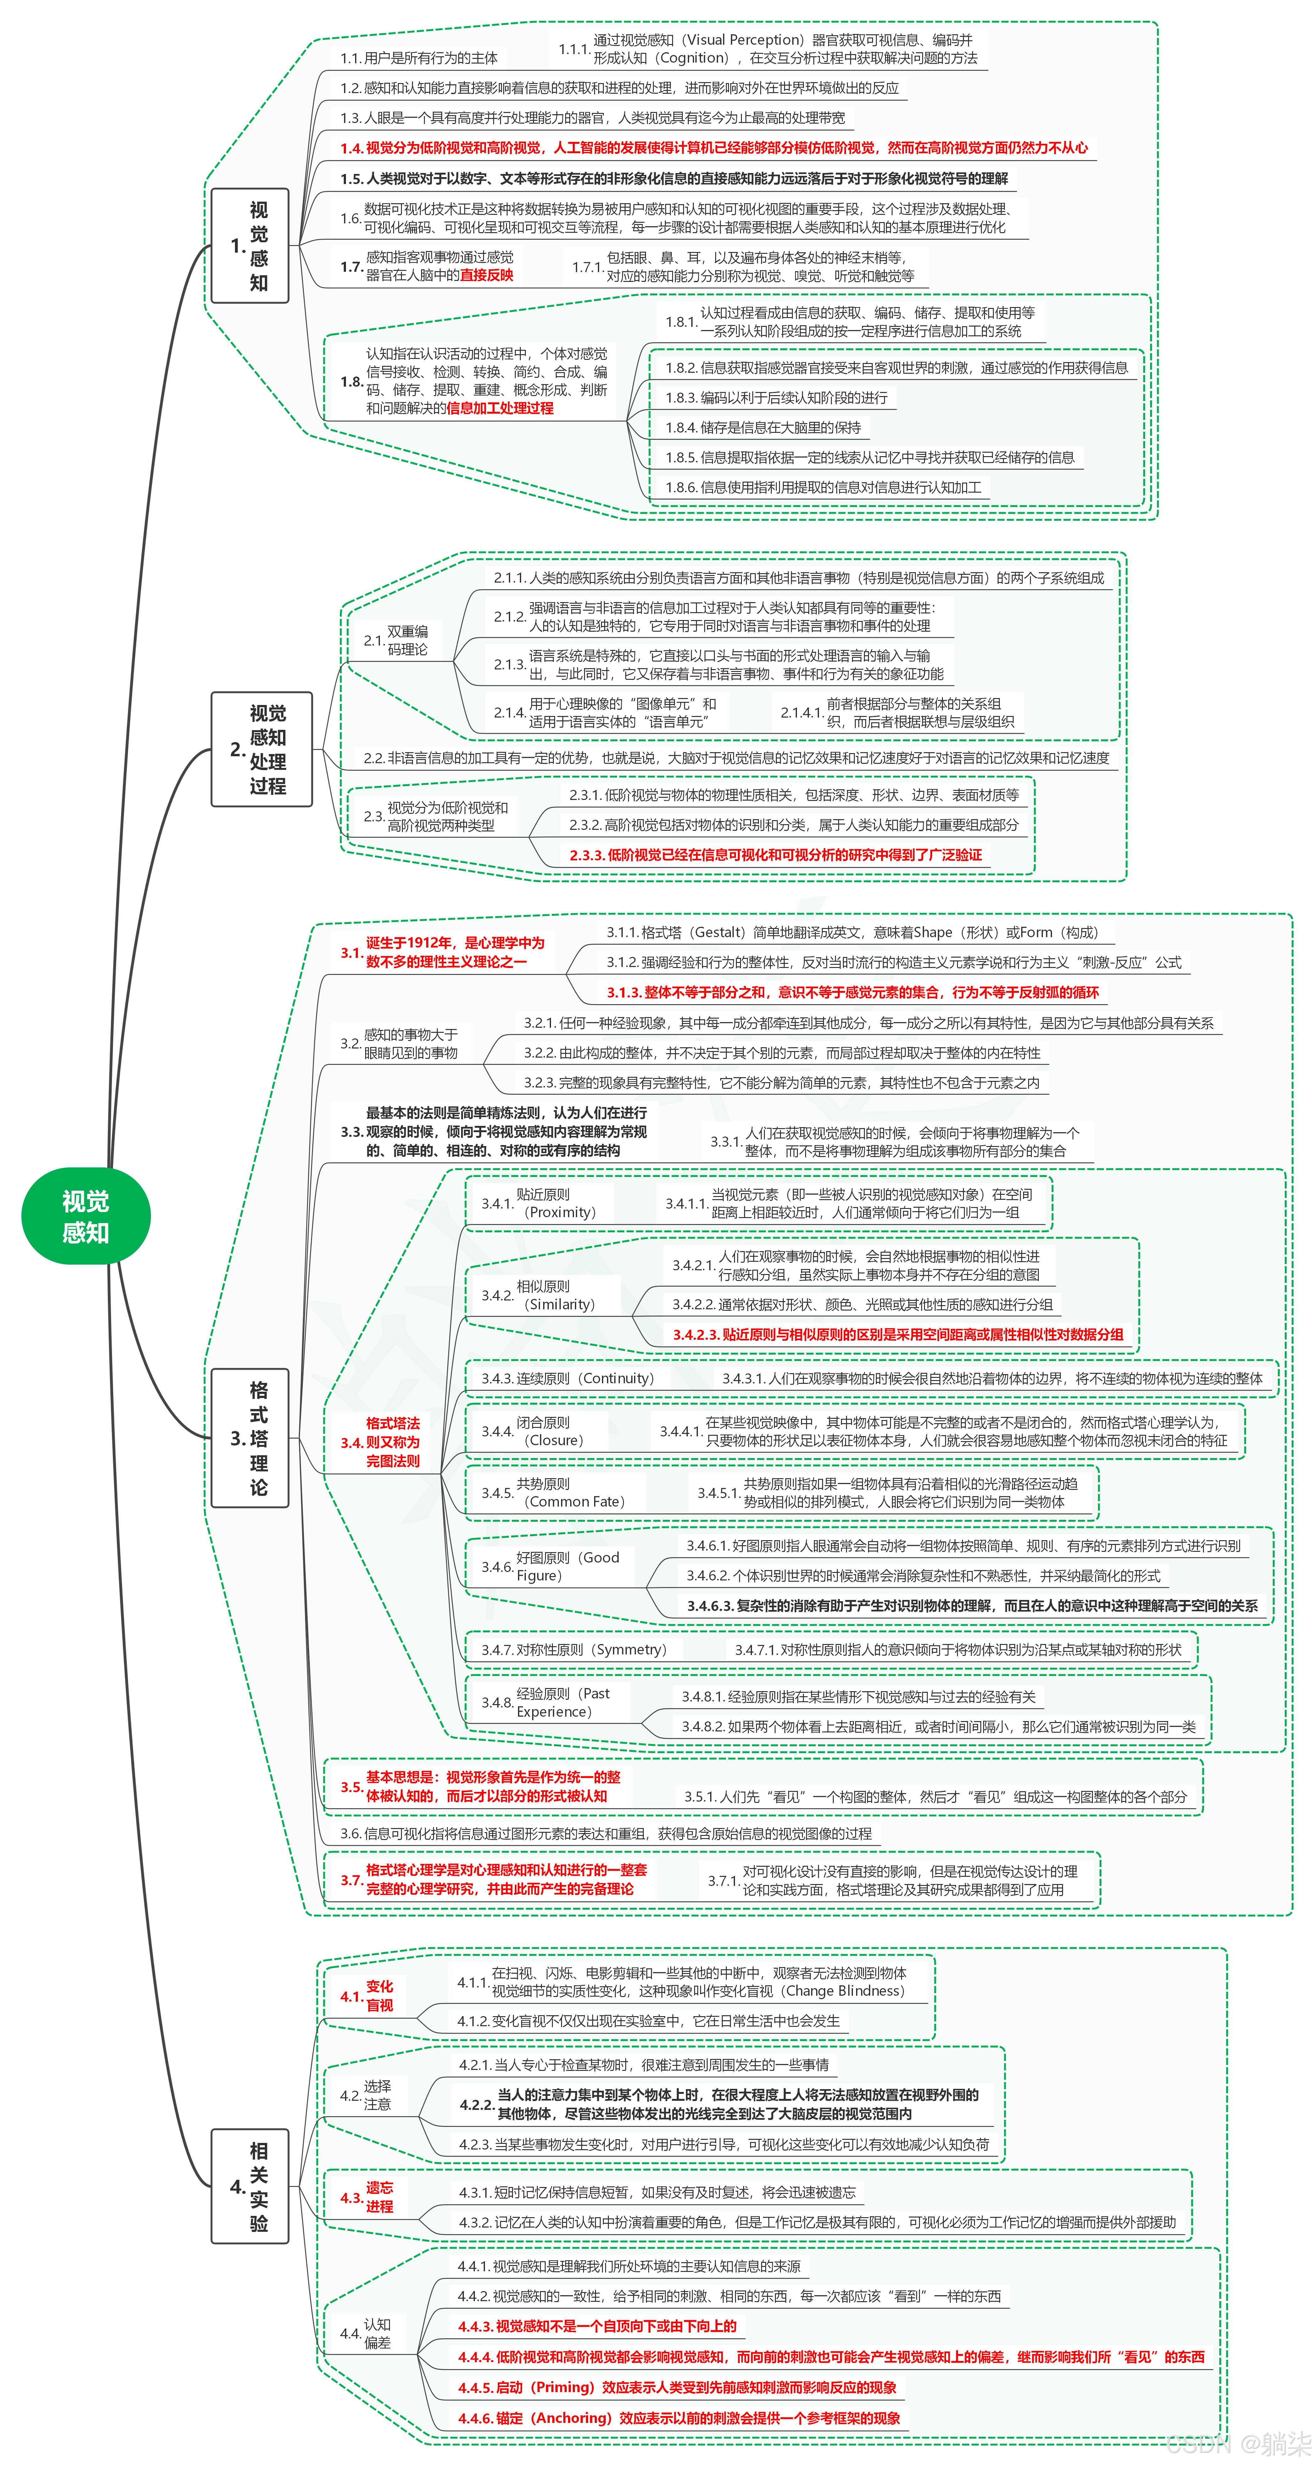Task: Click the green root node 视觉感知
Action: coord(85,1216)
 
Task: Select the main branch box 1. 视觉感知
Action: coord(250,246)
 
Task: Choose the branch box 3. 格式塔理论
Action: coord(250,1438)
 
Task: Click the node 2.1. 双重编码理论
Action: coord(396,640)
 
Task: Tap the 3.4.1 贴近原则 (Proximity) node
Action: coord(539,1203)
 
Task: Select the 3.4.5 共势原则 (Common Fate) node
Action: coord(553,1492)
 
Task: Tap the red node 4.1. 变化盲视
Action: coord(368,1996)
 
